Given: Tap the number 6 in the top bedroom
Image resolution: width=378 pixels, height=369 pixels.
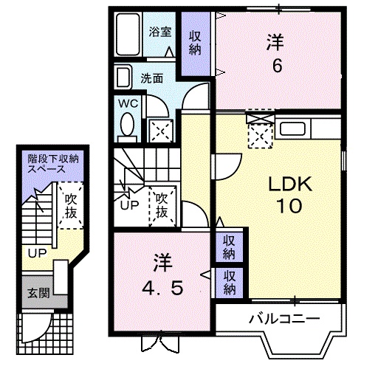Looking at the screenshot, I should [x=277, y=66].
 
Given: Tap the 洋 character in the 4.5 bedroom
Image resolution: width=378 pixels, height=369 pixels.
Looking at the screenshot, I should [x=162, y=261].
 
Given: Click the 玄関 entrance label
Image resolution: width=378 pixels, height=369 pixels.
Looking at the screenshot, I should [x=39, y=293].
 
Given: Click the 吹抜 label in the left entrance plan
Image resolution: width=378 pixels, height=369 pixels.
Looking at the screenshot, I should [x=71, y=206].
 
